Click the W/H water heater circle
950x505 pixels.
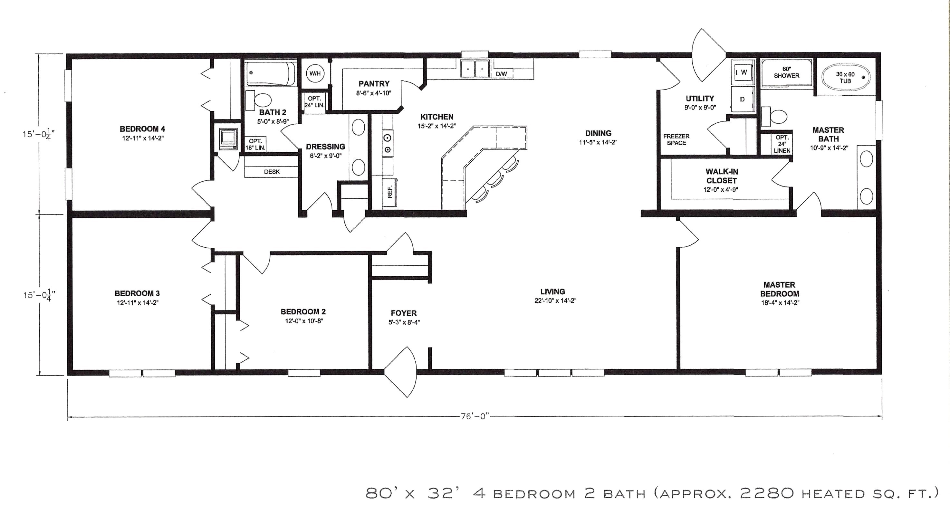[x=315, y=73]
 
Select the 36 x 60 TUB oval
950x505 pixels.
[x=845, y=78]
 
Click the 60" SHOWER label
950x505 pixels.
[x=786, y=72]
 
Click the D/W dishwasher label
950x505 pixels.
[x=501, y=74]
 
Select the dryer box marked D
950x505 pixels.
[x=742, y=99]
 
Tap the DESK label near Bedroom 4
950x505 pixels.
[x=272, y=172]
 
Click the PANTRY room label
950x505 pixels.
[x=374, y=84]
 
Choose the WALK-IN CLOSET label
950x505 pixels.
[x=721, y=176]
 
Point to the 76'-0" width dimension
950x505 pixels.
[x=475, y=416]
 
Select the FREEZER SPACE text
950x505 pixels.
[x=677, y=139]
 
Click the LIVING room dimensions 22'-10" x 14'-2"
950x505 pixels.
[x=555, y=300]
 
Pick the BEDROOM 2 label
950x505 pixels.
[x=303, y=311]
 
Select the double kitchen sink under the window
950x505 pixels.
[x=475, y=69]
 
